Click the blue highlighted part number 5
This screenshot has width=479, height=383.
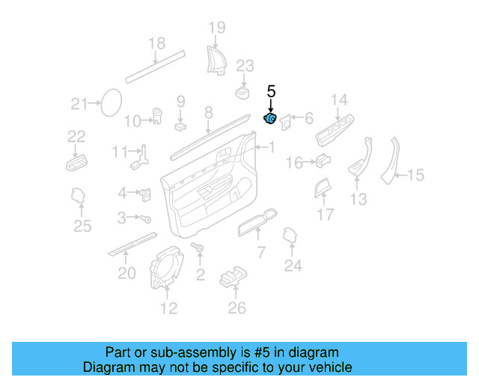point(270,118)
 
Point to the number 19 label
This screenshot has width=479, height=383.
point(216,28)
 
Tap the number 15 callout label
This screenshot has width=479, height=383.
point(415,175)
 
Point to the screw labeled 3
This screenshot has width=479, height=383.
point(147,219)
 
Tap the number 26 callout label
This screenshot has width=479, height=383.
point(237,307)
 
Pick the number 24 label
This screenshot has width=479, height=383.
point(293,265)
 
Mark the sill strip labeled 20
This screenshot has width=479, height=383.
point(132,244)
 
